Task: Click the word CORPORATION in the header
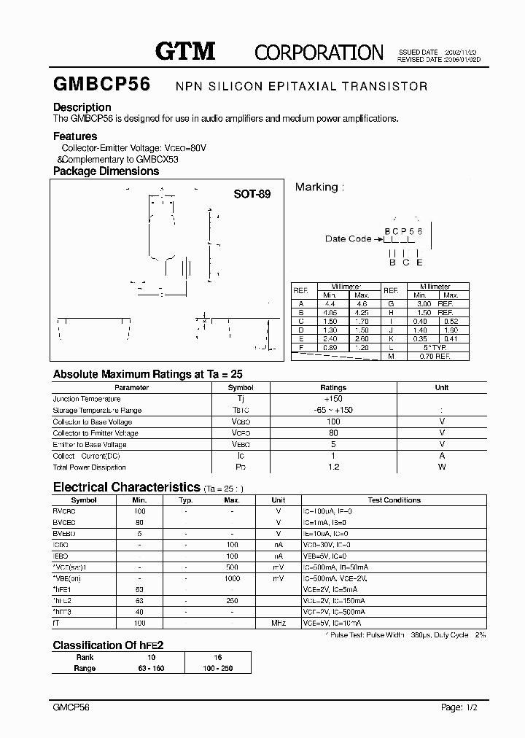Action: pyautogui.click(x=319, y=52)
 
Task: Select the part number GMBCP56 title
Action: pyautogui.click(x=101, y=85)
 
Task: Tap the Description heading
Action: pyautogui.click(x=82, y=107)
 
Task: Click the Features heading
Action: pyautogui.click(x=75, y=136)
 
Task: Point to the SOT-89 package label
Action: pyautogui.click(x=252, y=195)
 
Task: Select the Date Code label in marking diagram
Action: pyautogui.click(x=348, y=239)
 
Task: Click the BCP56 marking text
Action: pyautogui.click(x=403, y=230)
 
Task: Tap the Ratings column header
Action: pyautogui.click(x=333, y=388)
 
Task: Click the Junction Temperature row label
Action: pyautogui.click(x=87, y=399)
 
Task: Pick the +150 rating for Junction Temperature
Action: pyautogui.click(x=333, y=399)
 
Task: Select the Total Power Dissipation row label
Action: pyautogui.click(x=89, y=467)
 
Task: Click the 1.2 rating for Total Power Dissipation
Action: pyautogui.click(x=333, y=467)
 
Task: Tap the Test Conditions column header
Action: pyautogui.click(x=394, y=500)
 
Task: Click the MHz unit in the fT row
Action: pyautogui.click(x=278, y=624)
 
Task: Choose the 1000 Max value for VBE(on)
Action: pyautogui.click(x=232, y=578)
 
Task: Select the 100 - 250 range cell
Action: pyautogui.click(x=218, y=668)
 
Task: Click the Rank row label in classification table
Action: pyautogui.click(x=85, y=657)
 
